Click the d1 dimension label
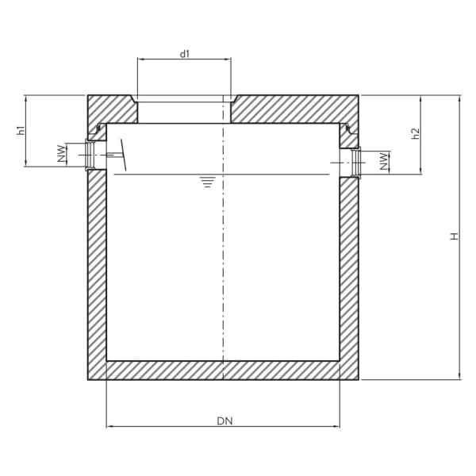coord(184,54)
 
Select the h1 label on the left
coord(21,131)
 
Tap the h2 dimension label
coord(415,134)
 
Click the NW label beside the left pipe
coord(61,155)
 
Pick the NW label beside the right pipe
coord(385,163)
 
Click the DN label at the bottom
coord(223,420)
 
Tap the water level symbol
coord(207,182)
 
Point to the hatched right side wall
coord(350,270)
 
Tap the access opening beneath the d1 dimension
coord(184,109)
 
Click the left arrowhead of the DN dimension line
coord(110,427)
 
